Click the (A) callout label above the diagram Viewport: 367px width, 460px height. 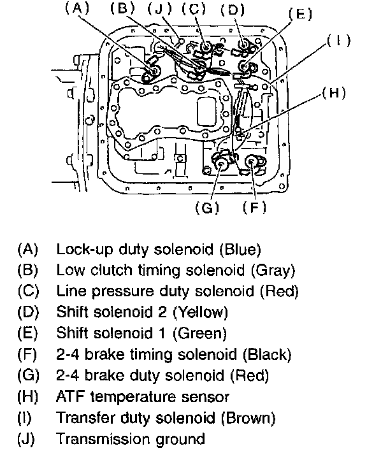[77, 8]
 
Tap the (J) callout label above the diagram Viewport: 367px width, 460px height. [159, 9]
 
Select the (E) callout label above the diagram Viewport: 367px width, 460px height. [300, 14]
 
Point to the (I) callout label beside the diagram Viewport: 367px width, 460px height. [339, 40]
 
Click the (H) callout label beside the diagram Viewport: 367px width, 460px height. [334, 93]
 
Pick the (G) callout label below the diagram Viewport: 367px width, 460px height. [207, 208]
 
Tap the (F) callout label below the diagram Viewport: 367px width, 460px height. [255, 207]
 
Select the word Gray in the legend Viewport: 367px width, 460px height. [273, 270]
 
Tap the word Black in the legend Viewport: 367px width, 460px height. [267, 354]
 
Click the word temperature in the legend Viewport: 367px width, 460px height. [133, 397]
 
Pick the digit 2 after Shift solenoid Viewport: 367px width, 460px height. [162, 312]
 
